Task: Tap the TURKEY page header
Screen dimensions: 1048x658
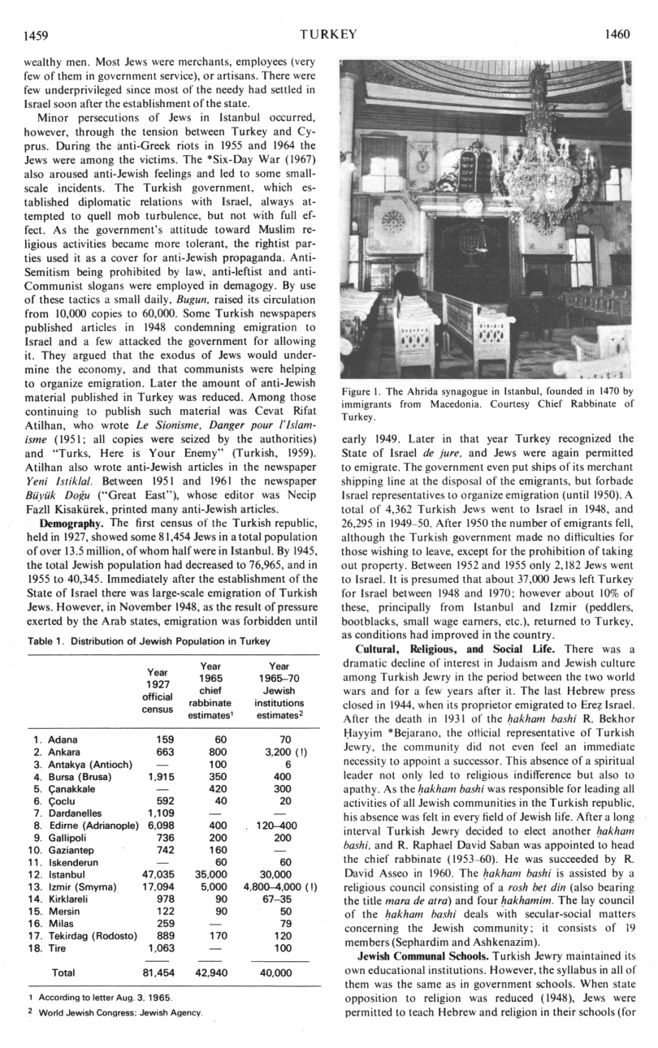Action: click(328, 34)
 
